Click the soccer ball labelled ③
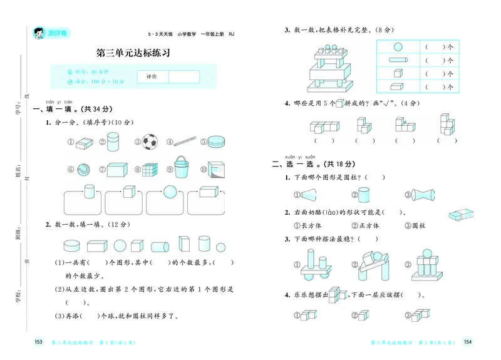point(150,141)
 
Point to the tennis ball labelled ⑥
point(85,170)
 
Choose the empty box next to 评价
point(183,76)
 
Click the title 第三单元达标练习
point(133,53)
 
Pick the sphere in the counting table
point(397,46)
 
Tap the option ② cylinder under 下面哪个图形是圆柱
point(364,194)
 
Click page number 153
point(38,342)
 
